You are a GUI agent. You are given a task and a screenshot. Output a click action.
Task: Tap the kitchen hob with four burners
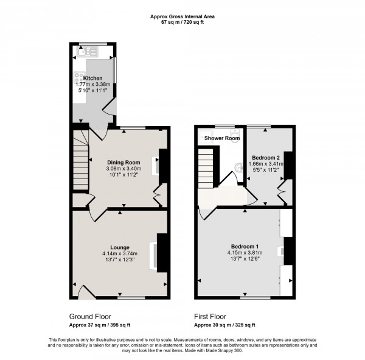pyautogui.click(x=78, y=77)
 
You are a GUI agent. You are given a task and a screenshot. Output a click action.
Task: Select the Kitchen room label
pyautogui.click(x=93, y=79)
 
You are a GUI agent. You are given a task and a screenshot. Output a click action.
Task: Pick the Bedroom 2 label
pyautogui.click(x=265, y=157)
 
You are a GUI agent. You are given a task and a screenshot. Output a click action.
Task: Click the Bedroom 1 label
pyautogui.click(x=243, y=247)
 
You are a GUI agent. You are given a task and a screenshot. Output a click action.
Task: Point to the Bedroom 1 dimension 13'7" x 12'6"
pyautogui.click(x=243, y=260)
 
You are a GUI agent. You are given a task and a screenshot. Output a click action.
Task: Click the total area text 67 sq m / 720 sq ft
pyautogui.click(x=182, y=22)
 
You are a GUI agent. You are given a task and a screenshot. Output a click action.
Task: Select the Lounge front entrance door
pyautogui.click(x=87, y=292)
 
